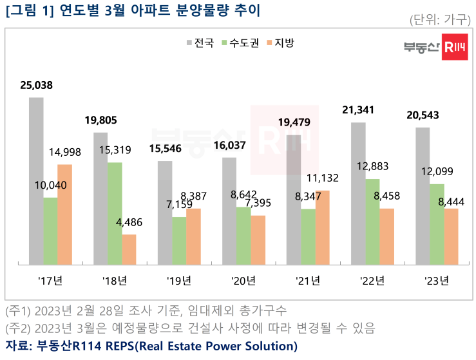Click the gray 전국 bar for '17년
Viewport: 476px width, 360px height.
tap(36, 181)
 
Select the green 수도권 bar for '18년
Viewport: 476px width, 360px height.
tap(115, 213)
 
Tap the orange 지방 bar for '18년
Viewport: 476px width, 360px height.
tap(129, 249)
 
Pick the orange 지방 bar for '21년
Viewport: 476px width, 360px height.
tap(322, 227)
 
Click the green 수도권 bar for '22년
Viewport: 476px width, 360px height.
tap(372, 222)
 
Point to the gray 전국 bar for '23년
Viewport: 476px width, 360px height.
tap(423, 196)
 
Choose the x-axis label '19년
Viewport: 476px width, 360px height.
tap(179, 281)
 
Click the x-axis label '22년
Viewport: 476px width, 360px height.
tap(372, 281)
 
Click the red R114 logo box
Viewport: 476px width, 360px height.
tap(455, 49)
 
